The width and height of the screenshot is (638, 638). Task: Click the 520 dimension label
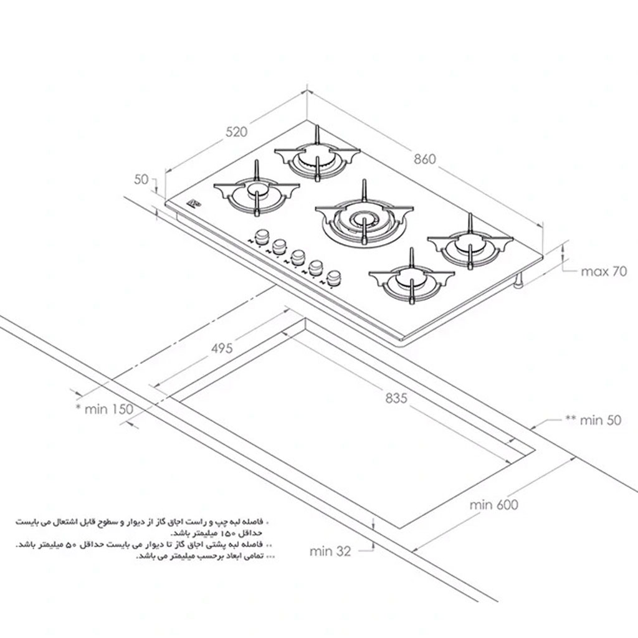pos(236,132)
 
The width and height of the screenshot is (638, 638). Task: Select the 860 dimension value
pos(425,159)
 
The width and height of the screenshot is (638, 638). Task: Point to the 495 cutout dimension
pos(222,348)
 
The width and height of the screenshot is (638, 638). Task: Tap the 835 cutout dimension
pos(396,398)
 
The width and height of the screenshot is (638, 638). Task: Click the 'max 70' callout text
pos(604,271)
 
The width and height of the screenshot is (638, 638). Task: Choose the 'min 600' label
pos(493,505)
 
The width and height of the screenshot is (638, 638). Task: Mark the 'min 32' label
pos(330,551)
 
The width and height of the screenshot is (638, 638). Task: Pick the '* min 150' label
pos(105,409)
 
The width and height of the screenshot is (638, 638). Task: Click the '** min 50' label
pos(593,420)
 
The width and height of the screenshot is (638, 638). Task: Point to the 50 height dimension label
pos(141,179)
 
